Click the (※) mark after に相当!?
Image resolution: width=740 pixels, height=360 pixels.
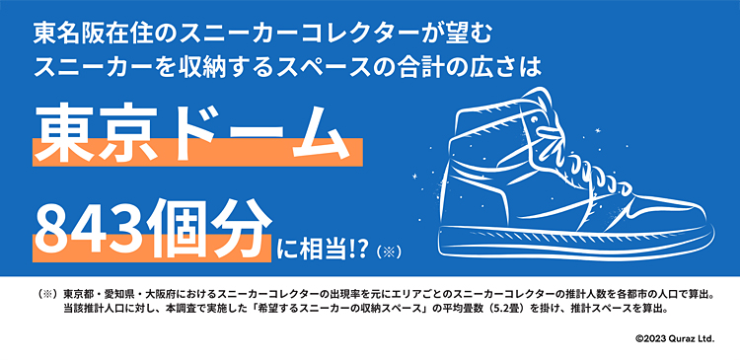click(389, 251)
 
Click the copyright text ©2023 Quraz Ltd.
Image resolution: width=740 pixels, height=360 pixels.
click(675, 338)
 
